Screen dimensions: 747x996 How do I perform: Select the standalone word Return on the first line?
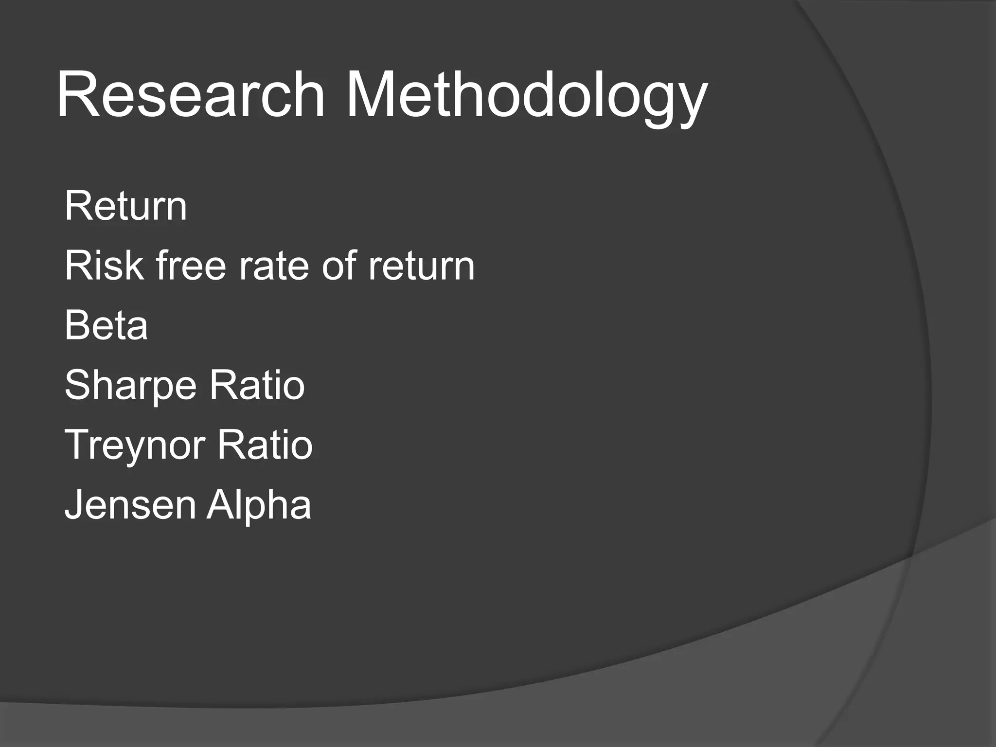125,206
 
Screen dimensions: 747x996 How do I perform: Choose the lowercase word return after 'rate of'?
421,267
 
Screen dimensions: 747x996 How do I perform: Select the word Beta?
106,325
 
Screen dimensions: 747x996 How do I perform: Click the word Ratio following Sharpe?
257,385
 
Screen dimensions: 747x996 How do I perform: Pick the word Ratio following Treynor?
265,445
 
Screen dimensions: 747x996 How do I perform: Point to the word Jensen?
130,504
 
